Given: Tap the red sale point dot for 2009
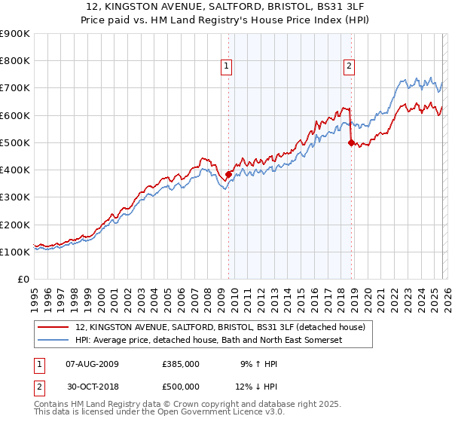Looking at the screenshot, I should click(228, 174).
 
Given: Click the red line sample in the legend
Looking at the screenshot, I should click(53, 327).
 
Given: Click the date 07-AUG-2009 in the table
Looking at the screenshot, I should click(92, 363).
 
